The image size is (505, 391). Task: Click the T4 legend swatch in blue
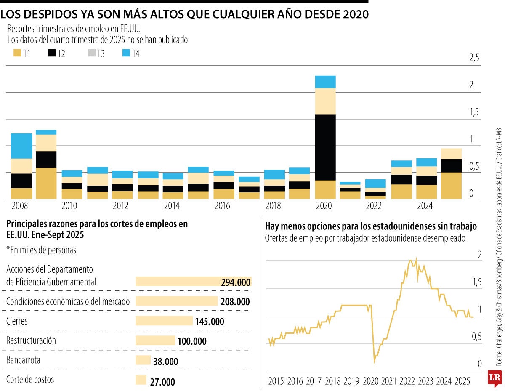tap(127, 53)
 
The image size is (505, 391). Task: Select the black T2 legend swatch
tap(53, 53)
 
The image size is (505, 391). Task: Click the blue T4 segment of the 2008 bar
tap(21, 146)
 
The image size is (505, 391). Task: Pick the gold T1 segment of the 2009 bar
tap(46, 183)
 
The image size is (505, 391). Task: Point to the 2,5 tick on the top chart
tap(474, 58)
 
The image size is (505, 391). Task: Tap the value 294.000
tap(236, 282)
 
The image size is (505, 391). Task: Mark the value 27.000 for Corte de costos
tap(162, 382)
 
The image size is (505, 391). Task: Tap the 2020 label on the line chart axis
tap(371, 382)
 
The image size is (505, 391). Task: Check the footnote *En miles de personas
tap(41, 250)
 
